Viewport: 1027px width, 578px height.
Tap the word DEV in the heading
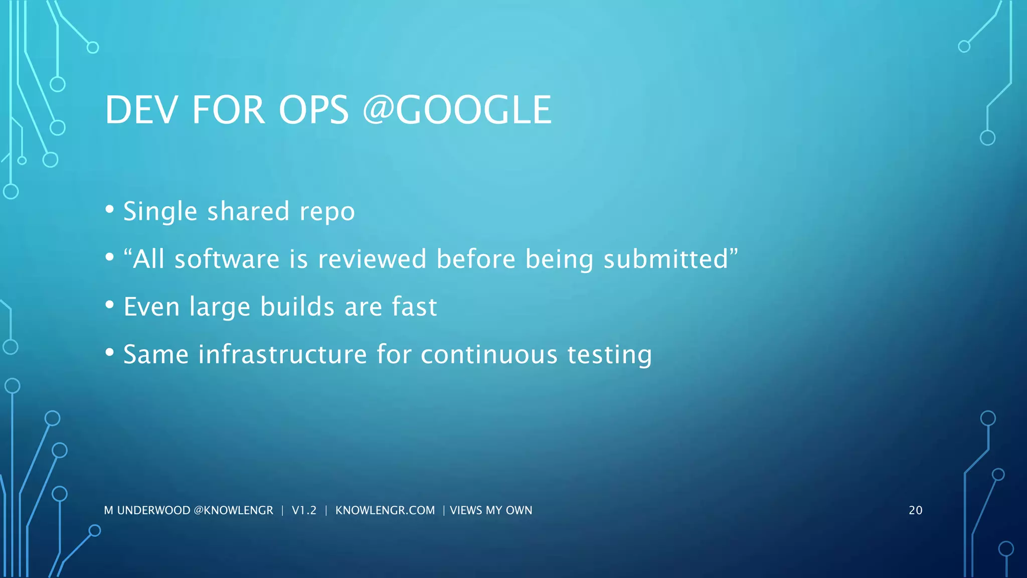[x=141, y=110]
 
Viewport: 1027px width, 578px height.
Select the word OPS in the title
[x=313, y=110]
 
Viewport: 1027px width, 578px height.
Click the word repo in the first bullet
[x=327, y=212]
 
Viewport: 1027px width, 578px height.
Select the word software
[x=227, y=259]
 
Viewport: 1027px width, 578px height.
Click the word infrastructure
[x=283, y=354]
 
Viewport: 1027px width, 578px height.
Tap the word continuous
[x=489, y=354]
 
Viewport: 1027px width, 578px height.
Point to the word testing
[x=609, y=355]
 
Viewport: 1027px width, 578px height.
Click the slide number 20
[x=915, y=510]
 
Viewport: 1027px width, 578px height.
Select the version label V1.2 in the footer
[x=304, y=510]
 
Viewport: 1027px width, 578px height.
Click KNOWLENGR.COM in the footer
[x=385, y=510]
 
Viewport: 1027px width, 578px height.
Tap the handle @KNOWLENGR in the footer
[x=233, y=510]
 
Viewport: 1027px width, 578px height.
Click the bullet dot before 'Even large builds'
[x=110, y=305]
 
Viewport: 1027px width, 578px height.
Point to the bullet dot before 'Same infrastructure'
[x=110, y=353]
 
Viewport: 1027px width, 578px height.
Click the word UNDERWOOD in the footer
[x=153, y=510]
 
